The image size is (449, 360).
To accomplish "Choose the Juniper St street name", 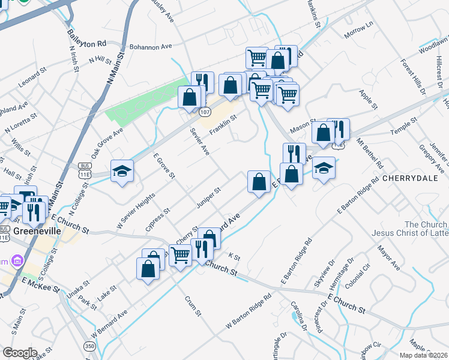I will (209, 199).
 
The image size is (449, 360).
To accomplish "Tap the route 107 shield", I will (205, 112).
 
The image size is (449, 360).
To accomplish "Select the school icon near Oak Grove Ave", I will (122, 170).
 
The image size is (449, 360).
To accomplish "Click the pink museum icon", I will (17, 261).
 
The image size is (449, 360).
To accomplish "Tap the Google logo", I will (20, 353).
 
